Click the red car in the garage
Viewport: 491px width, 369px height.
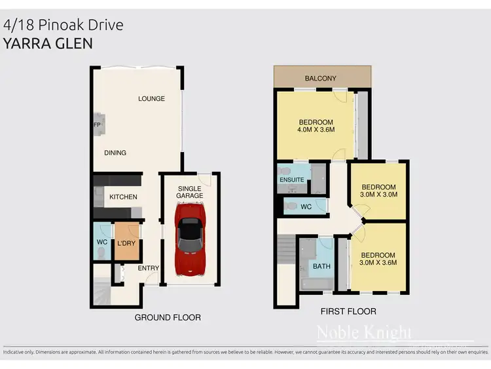(x=190, y=238)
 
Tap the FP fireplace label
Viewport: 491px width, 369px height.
(x=96, y=124)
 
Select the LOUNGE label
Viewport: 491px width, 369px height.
(x=151, y=99)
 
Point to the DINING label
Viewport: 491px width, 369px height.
(x=115, y=153)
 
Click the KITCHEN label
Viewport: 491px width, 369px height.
(x=123, y=197)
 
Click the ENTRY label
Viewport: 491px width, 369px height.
(x=148, y=267)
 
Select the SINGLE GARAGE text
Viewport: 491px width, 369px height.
(x=190, y=192)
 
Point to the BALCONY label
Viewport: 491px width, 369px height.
(x=321, y=79)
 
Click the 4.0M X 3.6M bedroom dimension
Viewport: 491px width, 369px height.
(x=316, y=130)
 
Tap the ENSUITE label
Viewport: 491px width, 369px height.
(x=291, y=180)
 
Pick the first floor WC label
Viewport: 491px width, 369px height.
(x=306, y=206)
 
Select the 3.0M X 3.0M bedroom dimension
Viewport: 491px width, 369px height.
(x=379, y=195)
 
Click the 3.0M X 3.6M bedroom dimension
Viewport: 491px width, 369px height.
(x=378, y=263)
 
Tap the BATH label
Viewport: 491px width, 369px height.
(x=321, y=267)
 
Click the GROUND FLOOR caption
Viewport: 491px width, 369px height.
(x=168, y=317)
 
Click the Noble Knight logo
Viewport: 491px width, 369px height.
(x=364, y=333)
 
